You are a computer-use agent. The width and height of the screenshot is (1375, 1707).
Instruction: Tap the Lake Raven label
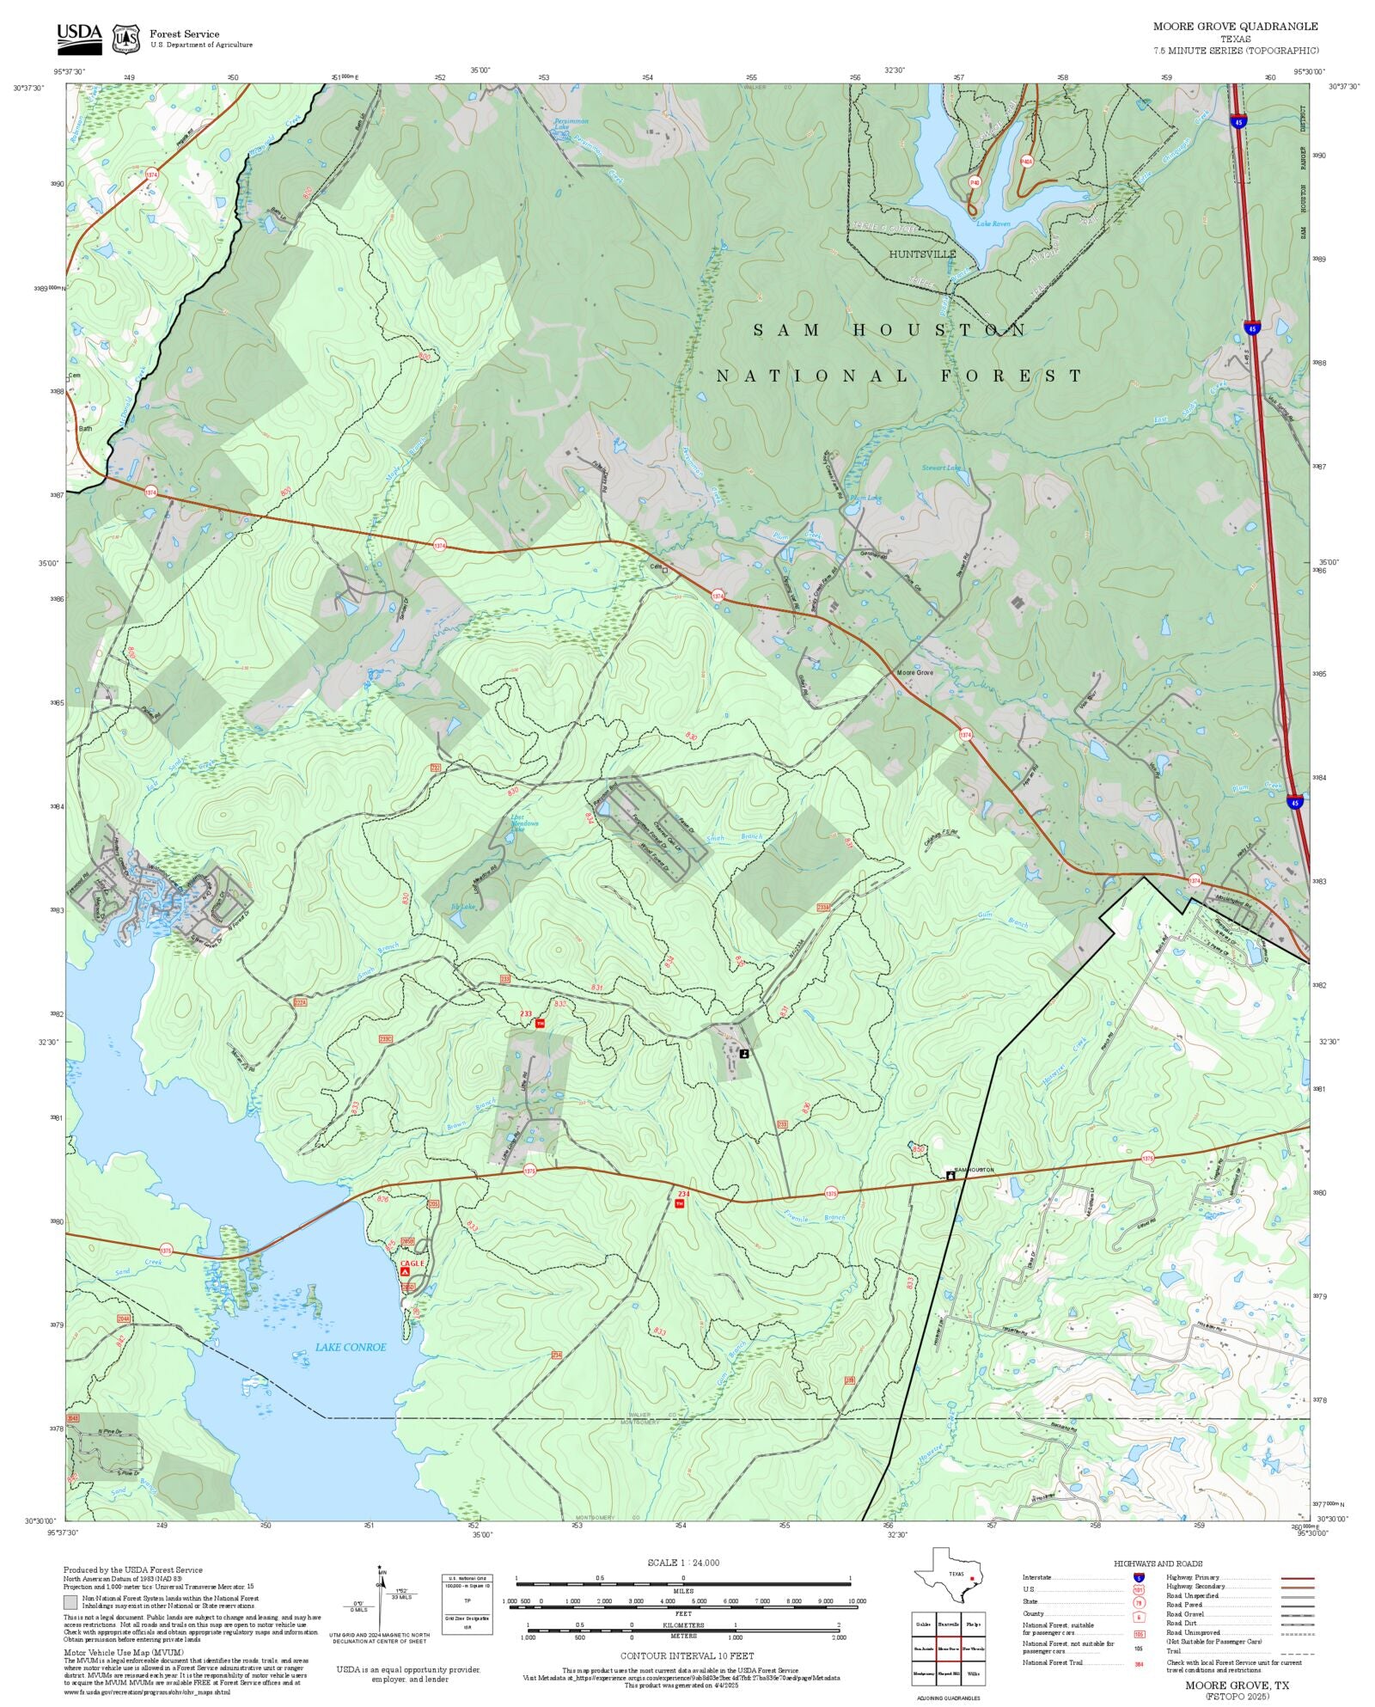(993, 223)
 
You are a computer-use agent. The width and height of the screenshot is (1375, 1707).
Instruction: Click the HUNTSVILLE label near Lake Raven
(922, 254)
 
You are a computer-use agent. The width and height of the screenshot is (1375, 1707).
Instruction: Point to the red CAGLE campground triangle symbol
(405, 1270)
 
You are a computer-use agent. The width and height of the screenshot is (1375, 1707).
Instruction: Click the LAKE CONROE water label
(351, 1347)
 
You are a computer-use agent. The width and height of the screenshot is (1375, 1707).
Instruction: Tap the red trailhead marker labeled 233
(540, 1024)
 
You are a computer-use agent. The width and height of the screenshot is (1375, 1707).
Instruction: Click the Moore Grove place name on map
(914, 672)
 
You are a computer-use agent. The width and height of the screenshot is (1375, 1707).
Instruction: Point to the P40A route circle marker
(1026, 161)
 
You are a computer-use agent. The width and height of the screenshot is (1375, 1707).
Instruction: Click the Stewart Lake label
(941, 468)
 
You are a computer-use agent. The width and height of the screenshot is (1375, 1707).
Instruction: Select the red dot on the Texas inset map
(972, 1579)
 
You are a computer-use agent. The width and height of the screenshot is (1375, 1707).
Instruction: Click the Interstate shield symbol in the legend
(1139, 1578)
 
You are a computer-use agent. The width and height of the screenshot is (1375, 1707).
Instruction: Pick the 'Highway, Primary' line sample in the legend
(1298, 1578)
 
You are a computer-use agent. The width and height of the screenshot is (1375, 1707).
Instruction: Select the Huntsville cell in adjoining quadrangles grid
(948, 1624)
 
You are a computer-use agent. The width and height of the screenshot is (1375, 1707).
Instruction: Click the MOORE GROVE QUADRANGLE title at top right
(1235, 27)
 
